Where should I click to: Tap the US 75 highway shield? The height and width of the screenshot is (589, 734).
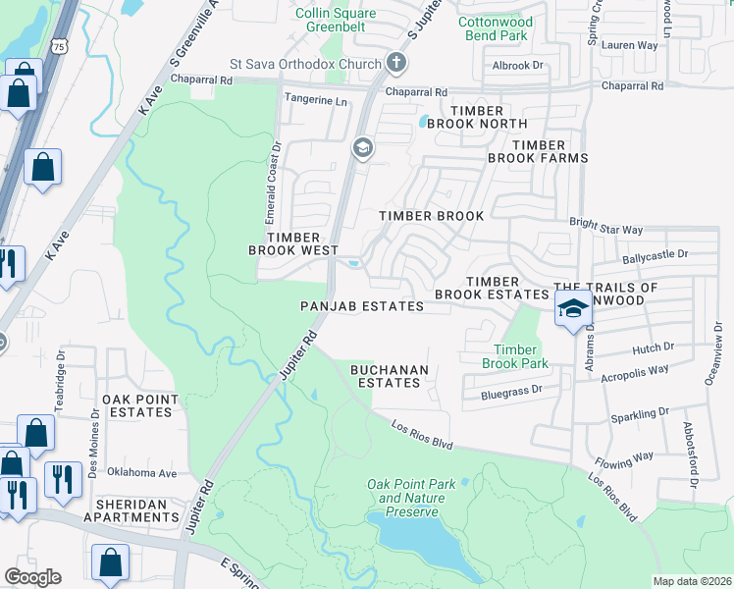coord(61,45)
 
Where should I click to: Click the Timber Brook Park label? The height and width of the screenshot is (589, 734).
coord(515,356)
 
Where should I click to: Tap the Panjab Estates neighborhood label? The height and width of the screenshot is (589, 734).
coord(362,306)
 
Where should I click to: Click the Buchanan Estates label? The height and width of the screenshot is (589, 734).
coord(390,376)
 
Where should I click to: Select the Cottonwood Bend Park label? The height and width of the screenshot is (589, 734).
coord(495,28)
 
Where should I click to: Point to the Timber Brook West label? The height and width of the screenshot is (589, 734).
coord(293,243)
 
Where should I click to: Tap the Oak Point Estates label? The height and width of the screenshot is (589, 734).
coord(140,405)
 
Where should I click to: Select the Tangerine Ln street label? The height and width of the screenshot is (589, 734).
coord(315,100)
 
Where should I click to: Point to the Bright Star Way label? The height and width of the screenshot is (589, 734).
coord(606,229)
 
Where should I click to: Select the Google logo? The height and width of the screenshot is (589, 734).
coord(32,577)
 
